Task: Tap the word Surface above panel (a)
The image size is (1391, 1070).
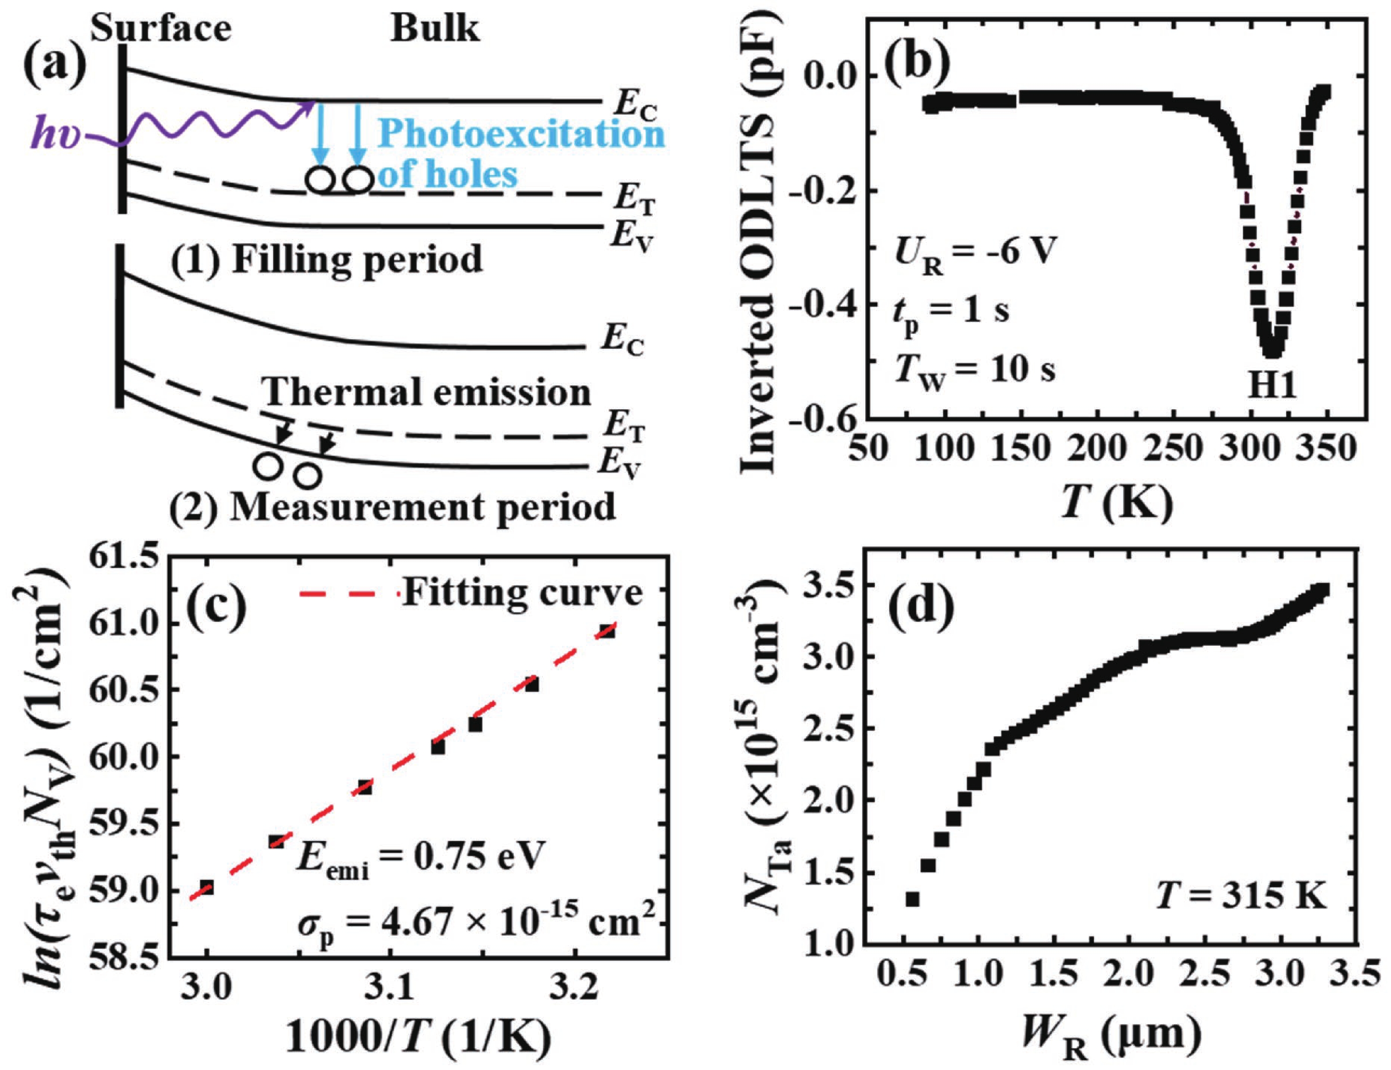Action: pos(160,29)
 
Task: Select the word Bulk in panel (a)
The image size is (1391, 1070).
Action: pos(435,29)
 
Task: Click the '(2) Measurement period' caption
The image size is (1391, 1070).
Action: pos(392,508)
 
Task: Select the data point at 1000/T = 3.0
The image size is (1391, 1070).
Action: pos(206,888)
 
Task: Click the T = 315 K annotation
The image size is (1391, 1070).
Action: pos(1241,897)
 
